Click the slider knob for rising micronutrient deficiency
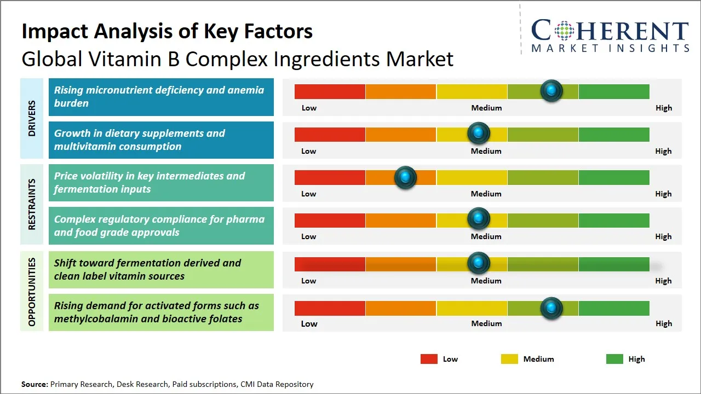click(x=551, y=90)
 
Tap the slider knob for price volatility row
click(x=405, y=177)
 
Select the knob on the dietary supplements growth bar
click(x=479, y=134)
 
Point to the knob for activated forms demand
click(x=551, y=308)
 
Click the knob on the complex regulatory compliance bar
click(x=479, y=219)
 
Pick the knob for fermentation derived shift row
click(x=479, y=263)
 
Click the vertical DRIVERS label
click(x=32, y=118)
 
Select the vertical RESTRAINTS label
click(x=32, y=204)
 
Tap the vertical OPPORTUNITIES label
click(x=32, y=292)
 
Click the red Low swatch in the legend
click(x=429, y=359)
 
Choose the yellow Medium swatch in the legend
click(x=509, y=359)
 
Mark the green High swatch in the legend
click(x=614, y=359)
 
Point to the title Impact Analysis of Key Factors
click(x=167, y=31)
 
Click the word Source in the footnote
click(x=34, y=385)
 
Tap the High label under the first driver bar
click(x=663, y=108)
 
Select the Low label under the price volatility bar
click(x=309, y=194)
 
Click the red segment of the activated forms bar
click(x=330, y=308)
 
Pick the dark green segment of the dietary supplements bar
click(x=613, y=134)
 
